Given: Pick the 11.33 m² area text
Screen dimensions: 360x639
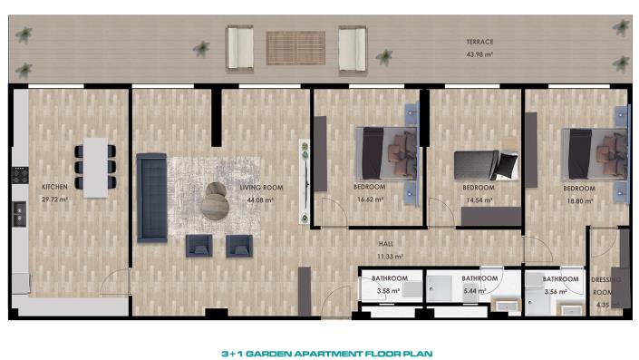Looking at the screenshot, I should pyautogui.click(x=388, y=256).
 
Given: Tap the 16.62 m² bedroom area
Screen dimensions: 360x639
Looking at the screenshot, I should pyautogui.click(x=369, y=199).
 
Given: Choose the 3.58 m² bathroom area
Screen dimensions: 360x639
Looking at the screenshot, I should pyautogui.click(x=388, y=291).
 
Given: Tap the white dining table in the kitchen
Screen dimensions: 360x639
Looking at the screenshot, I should pyautogui.click(x=95, y=163).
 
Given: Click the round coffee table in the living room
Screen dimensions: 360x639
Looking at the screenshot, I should pyautogui.click(x=217, y=200).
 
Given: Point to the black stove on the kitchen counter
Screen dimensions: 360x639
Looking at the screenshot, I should pyautogui.click(x=19, y=212).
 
